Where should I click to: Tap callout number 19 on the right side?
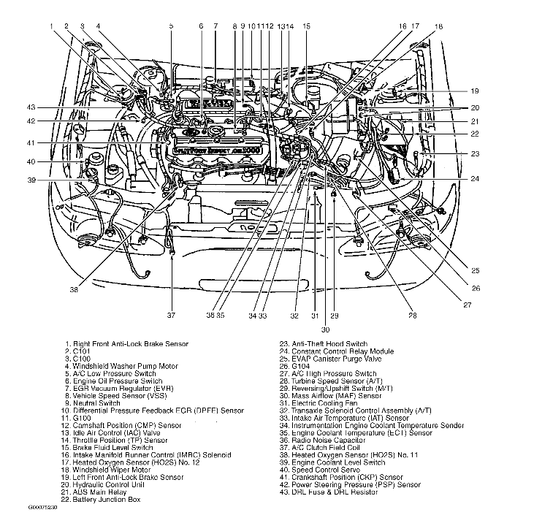[474, 91]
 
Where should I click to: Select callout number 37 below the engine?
[171, 316]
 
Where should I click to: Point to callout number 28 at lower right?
[412, 316]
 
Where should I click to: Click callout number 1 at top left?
[52, 26]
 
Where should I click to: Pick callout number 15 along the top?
[306, 26]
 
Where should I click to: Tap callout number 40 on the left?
[31, 161]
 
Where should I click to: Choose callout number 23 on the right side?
[474, 153]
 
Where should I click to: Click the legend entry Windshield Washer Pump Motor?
[124, 366]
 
